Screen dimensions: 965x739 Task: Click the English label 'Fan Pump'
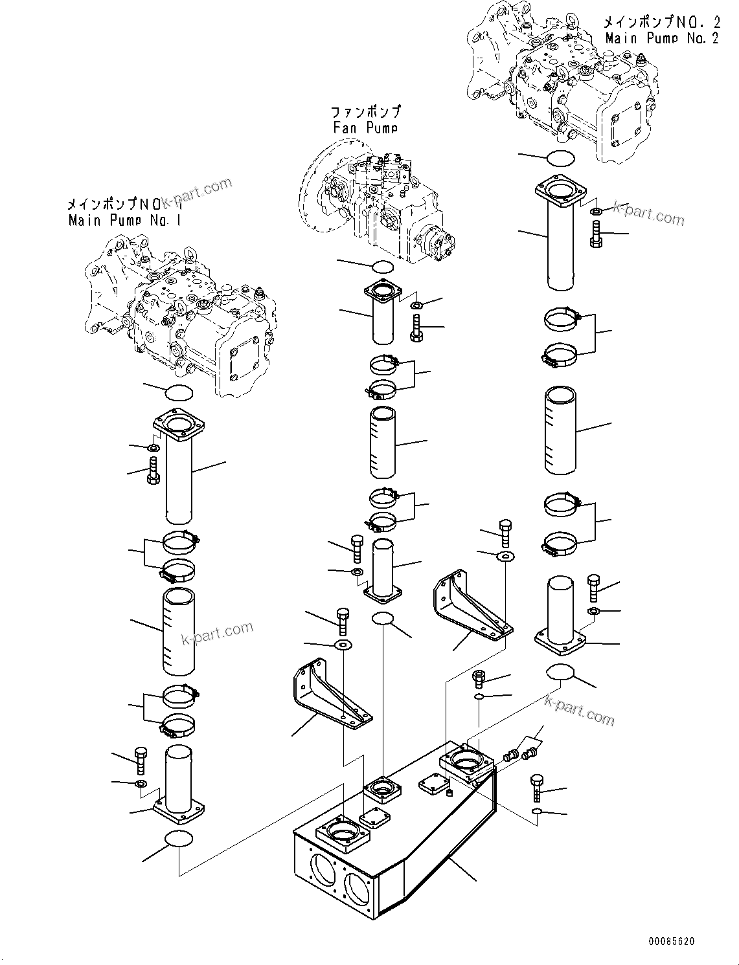point(365,128)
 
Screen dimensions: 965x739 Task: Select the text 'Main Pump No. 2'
point(661,38)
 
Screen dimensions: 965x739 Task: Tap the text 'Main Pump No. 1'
point(124,221)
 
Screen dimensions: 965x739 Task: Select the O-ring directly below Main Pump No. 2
point(561,157)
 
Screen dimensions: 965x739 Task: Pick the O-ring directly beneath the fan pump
point(383,266)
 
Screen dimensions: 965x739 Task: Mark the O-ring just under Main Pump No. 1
point(179,392)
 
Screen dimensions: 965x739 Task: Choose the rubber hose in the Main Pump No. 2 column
point(560,428)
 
